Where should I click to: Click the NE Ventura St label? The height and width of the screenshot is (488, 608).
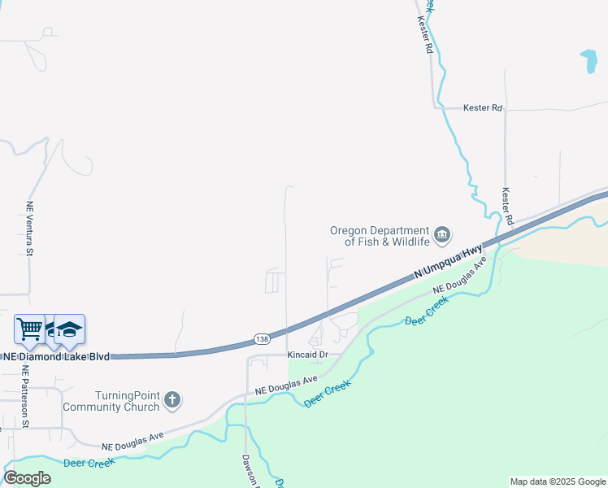[x=29, y=229]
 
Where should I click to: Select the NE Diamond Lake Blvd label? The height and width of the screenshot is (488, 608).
[x=56, y=356]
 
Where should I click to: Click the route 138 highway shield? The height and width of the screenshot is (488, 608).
[x=262, y=338]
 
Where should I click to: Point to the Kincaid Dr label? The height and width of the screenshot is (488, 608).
[x=307, y=355]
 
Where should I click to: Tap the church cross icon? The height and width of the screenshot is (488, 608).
[x=172, y=399]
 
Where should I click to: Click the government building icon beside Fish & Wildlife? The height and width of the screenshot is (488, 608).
[x=442, y=236]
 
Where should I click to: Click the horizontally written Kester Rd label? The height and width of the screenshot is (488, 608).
[x=483, y=107]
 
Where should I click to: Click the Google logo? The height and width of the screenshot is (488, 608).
[x=27, y=477]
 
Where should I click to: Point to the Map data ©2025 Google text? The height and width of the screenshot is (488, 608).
[x=558, y=481]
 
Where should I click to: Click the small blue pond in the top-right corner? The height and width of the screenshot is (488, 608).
[x=588, y=62]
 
